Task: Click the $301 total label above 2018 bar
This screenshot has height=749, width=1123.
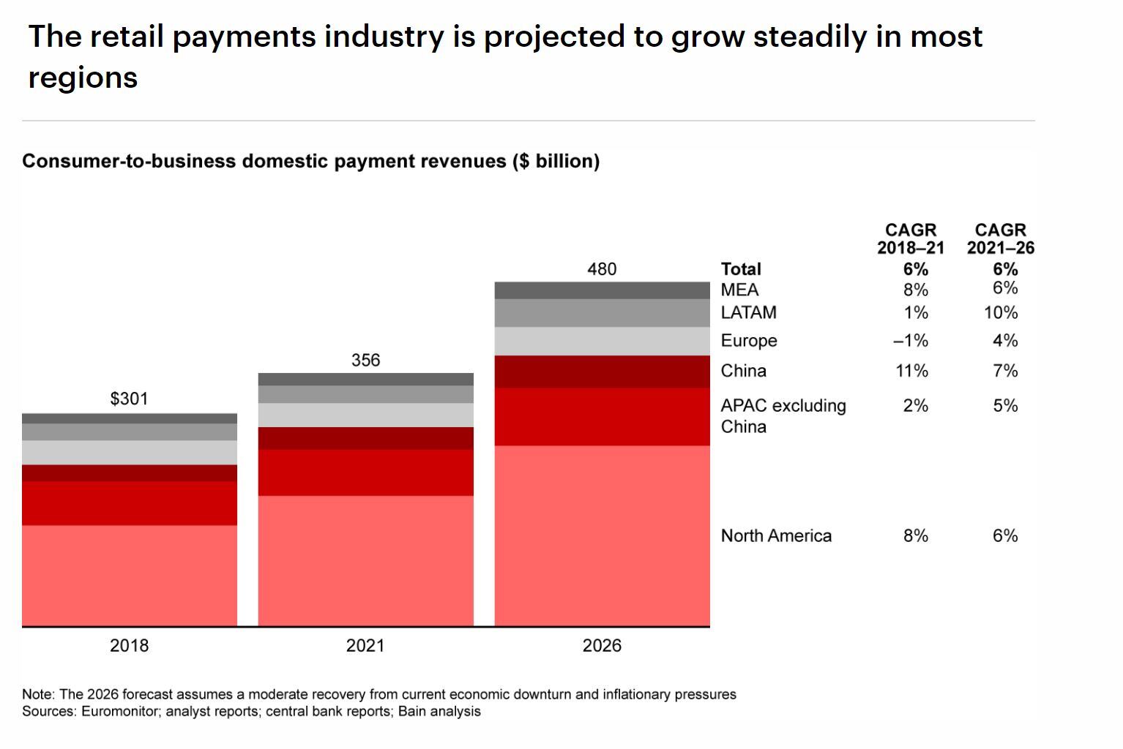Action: (129, 399)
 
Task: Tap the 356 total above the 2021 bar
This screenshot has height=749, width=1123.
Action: (365, 360)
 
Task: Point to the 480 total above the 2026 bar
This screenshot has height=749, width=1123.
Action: (602, 269)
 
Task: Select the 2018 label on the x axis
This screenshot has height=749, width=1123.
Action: (129, 645)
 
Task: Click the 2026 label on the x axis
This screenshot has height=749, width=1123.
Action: (602, 645)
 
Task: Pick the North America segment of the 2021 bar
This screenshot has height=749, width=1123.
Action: (365, 560)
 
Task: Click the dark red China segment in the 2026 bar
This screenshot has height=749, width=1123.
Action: (602, 372)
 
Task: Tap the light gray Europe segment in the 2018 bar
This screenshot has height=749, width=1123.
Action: (129, 453)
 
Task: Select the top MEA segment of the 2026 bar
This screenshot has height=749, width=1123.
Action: (602, 290)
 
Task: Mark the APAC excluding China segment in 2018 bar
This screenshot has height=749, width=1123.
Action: (129, 503)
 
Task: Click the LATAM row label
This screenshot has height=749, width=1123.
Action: (748, 312)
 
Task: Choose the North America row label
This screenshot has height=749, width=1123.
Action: (776, 535)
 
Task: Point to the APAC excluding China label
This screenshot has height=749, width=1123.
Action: (783, 415)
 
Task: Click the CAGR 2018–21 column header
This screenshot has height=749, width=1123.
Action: (911, 239)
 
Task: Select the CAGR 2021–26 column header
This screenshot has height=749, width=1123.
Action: (1000, 239)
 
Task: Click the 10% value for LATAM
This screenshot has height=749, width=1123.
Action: (1001, 312)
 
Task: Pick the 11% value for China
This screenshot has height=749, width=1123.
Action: (911, 371)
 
